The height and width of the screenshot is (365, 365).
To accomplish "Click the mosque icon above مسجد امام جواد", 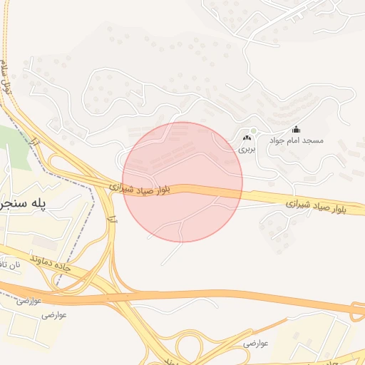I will pyautogui.click(x=297, y=130).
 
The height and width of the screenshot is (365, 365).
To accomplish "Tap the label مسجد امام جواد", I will pyautogui.click(x=296, y=141).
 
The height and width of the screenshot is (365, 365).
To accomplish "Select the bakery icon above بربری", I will pyautogui.click(x=247, y=138).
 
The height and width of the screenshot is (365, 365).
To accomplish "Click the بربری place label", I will pyautogui.click(x=246, y=150).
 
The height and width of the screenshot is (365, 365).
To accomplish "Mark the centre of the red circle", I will pyautogui.click(x=182, y=182).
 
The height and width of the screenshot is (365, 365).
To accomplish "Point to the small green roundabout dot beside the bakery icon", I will pyautogui.click(x=252, y=130).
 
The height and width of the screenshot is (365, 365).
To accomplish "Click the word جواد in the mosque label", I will pyautogui.click(x=277, y=141).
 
